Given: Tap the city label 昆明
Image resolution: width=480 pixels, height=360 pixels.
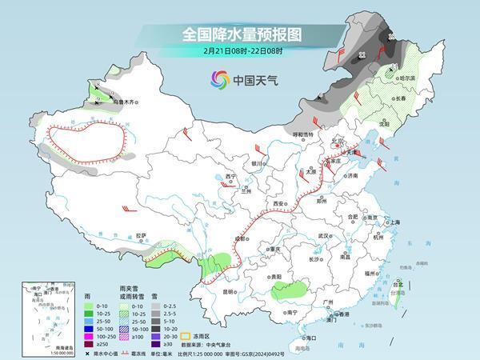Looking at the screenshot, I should click(x=230, y=292).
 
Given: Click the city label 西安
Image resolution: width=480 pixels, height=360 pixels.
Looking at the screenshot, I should click(x=279, y=205).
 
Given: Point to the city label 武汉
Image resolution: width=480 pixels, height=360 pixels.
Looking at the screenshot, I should click(x=324, y=236).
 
